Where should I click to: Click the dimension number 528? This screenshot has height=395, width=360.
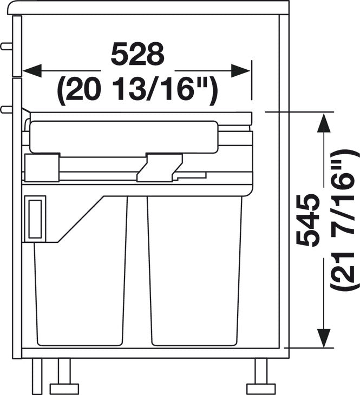138,54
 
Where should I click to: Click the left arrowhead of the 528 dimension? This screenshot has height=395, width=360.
32,71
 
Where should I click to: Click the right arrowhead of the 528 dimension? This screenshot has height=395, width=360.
240,71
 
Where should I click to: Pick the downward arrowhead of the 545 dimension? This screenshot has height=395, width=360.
324,338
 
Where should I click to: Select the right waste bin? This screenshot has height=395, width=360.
195,271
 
